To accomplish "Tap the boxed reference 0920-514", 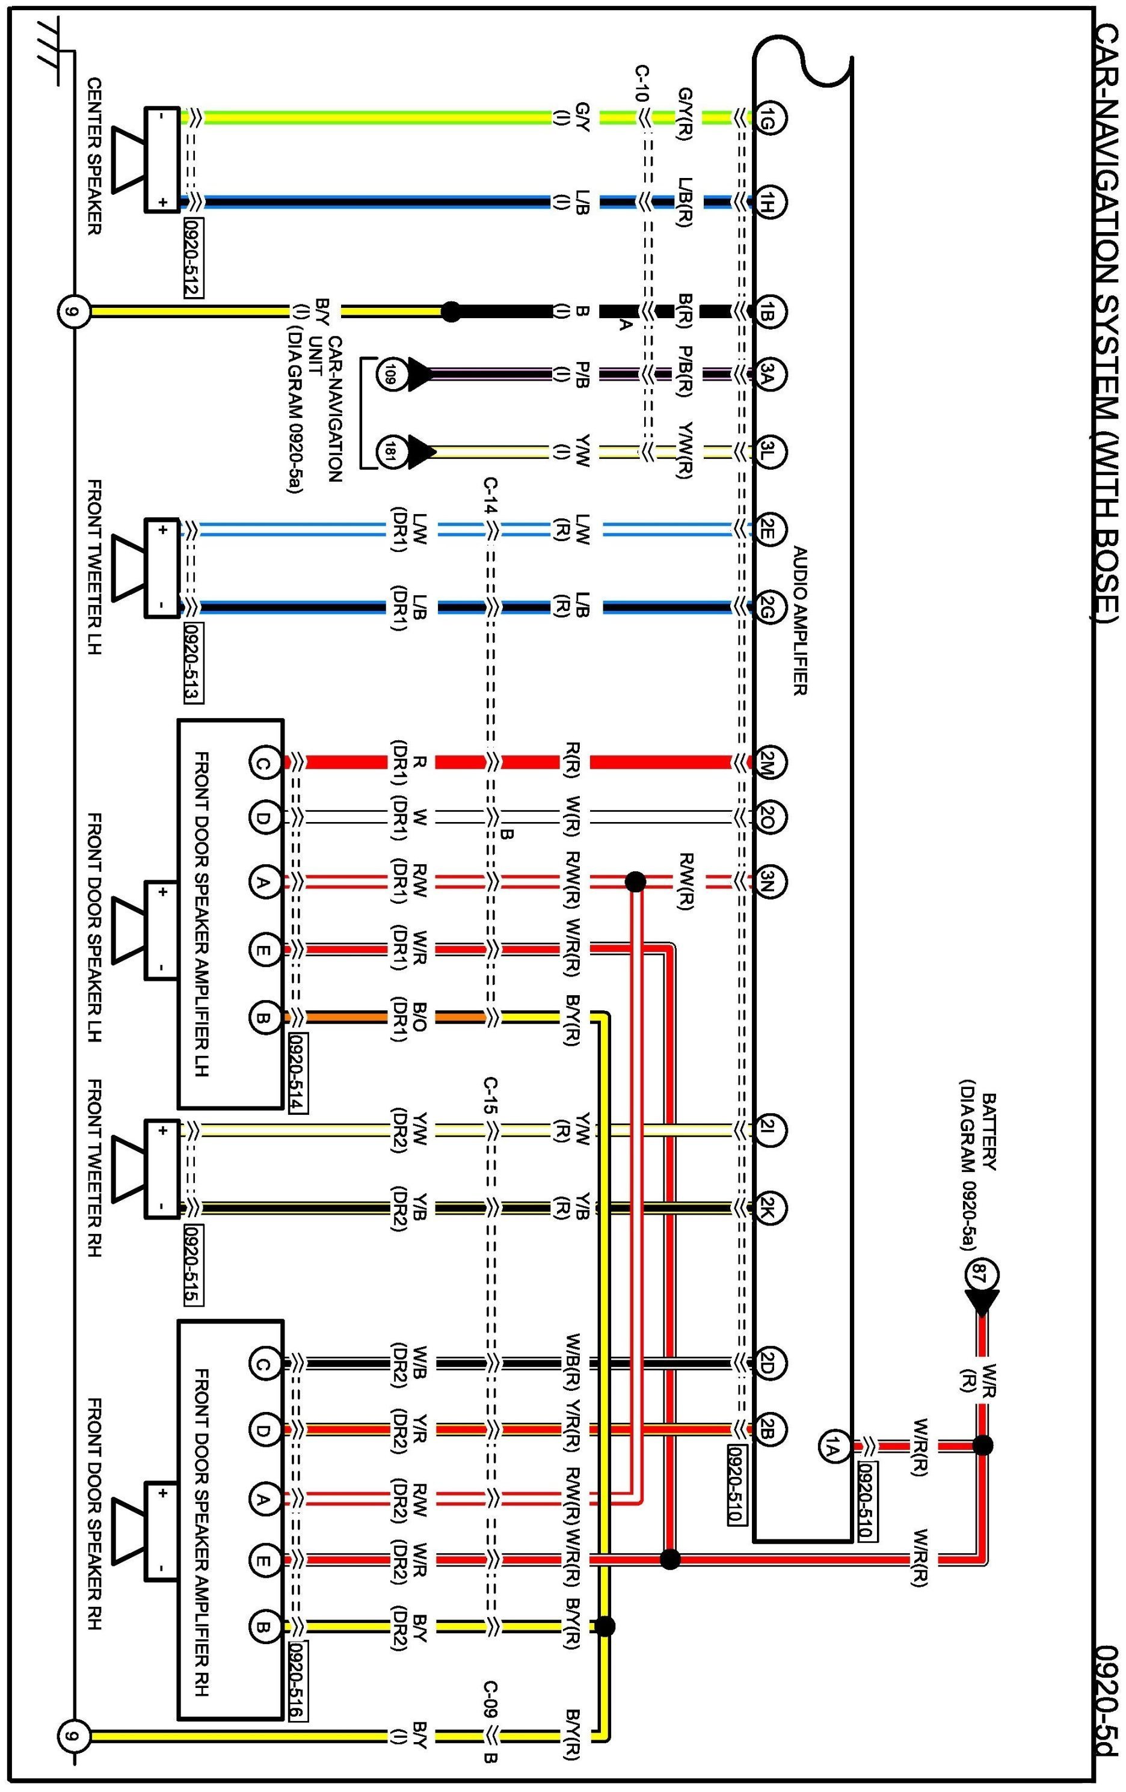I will click(x=298, y=1072).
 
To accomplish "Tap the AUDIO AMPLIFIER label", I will click(x=800, y=621).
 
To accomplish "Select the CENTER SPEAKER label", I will click(x=94, y=156).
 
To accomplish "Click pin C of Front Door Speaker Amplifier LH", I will click(x=263, y=762).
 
